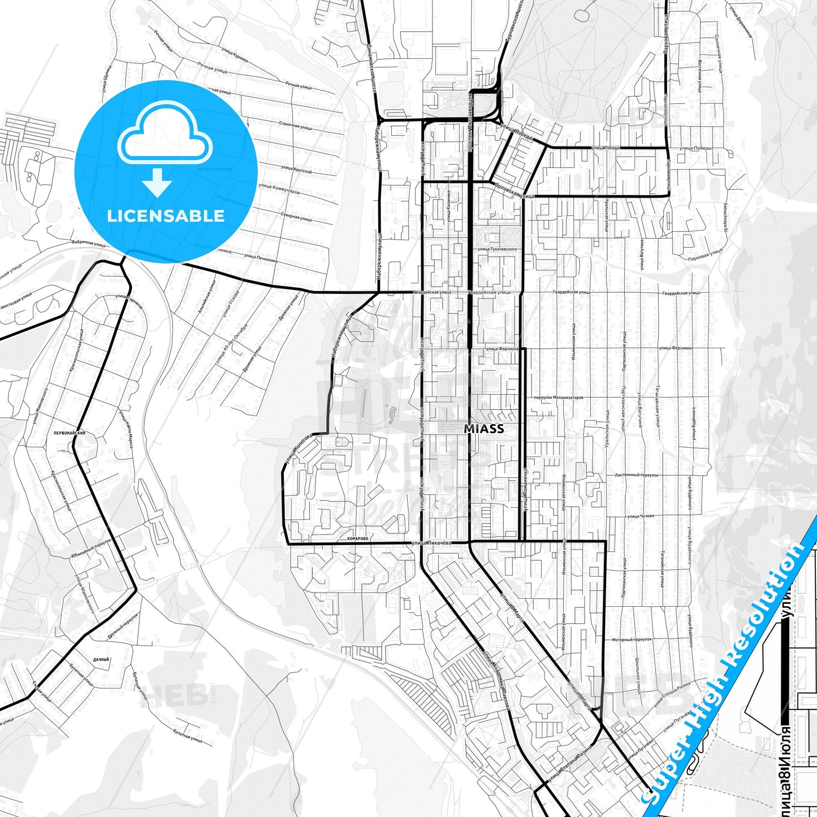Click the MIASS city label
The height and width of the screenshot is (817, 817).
click(483, 429)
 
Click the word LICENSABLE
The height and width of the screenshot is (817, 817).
click(166, 216)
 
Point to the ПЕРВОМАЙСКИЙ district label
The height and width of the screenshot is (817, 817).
click(69, 433)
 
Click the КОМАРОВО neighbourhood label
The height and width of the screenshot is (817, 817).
click(358, 539)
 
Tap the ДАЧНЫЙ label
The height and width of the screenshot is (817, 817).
click(101, 659)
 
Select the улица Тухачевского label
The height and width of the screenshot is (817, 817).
click(497, 249)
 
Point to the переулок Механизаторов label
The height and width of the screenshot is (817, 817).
click(558, 397)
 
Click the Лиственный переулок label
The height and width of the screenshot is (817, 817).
click(637, 475)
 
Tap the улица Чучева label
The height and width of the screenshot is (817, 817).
click(639, 516)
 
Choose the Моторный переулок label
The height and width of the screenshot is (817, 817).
click(632, 639)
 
